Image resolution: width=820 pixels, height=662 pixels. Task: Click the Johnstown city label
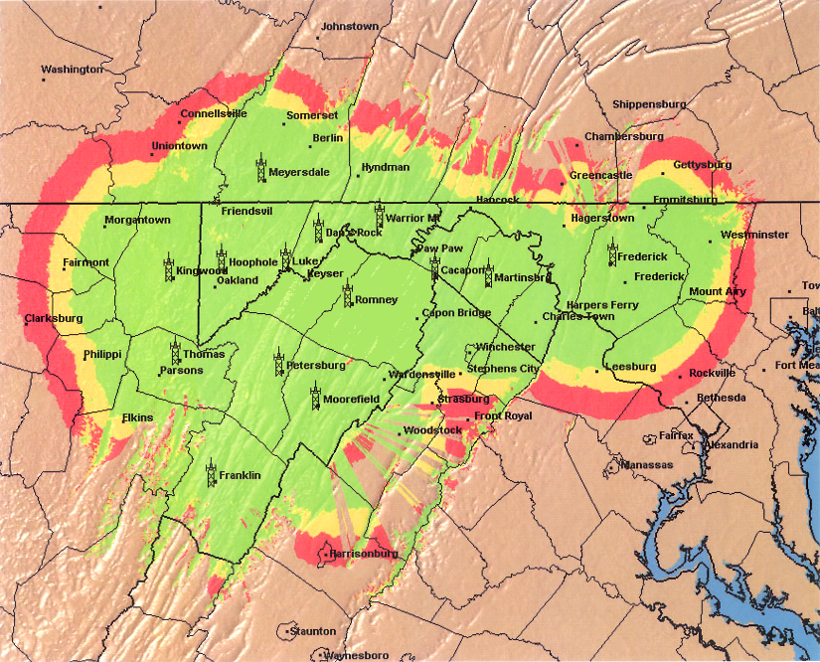tap(350, 26)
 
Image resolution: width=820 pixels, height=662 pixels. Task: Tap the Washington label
tap(72, 70)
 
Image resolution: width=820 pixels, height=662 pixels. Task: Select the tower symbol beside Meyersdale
tap(259, 168)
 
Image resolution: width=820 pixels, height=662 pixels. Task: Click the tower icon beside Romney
tap(347, 295)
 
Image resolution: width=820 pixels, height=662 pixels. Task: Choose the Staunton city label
tap(312, 631)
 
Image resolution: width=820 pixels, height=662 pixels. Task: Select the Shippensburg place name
tap(649, 104)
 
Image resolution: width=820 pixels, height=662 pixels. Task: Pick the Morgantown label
tap(138, 221)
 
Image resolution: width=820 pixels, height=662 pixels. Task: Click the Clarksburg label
tap(55, 320)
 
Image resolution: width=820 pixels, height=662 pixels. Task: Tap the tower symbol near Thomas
tap(175, 352)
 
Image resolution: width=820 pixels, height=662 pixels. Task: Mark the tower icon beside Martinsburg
tap(488, 273)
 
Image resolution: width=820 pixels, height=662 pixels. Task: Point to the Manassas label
tap(649, 465)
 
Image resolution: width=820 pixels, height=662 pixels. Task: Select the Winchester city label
tap(505, 347)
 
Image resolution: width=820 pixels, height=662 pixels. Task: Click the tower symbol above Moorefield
tap(315, 396)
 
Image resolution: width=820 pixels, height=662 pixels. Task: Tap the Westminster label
tap(754, 236)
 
